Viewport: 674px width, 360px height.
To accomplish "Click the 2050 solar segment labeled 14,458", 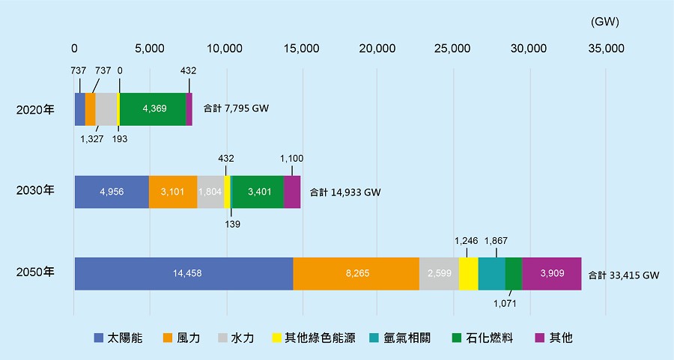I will point(183,273).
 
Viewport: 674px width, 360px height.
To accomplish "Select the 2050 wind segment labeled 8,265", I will point(356,273).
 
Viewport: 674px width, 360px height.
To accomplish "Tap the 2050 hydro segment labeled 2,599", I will point(439,273).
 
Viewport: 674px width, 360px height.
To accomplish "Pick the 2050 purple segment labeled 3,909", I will point(552,273).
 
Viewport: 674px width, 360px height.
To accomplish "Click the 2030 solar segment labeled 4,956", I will point(112,192).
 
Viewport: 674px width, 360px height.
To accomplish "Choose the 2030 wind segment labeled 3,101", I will point(173,192).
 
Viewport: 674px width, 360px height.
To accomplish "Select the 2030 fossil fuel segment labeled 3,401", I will point(258,192).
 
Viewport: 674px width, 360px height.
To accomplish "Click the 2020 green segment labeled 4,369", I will point(153,109).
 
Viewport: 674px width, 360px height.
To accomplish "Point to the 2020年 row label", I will point(35,109).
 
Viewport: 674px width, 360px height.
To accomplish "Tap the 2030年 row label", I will point(35,191).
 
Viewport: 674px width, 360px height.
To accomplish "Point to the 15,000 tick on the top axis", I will point(302,49).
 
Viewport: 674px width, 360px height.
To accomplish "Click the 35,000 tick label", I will point(605,49).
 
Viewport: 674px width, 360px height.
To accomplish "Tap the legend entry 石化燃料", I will point(485,338).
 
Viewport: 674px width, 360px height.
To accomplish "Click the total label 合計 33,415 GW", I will point(623,275).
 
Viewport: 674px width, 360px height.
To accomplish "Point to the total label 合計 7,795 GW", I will point(236,109).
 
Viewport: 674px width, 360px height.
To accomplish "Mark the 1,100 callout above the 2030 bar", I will point(291,159).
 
